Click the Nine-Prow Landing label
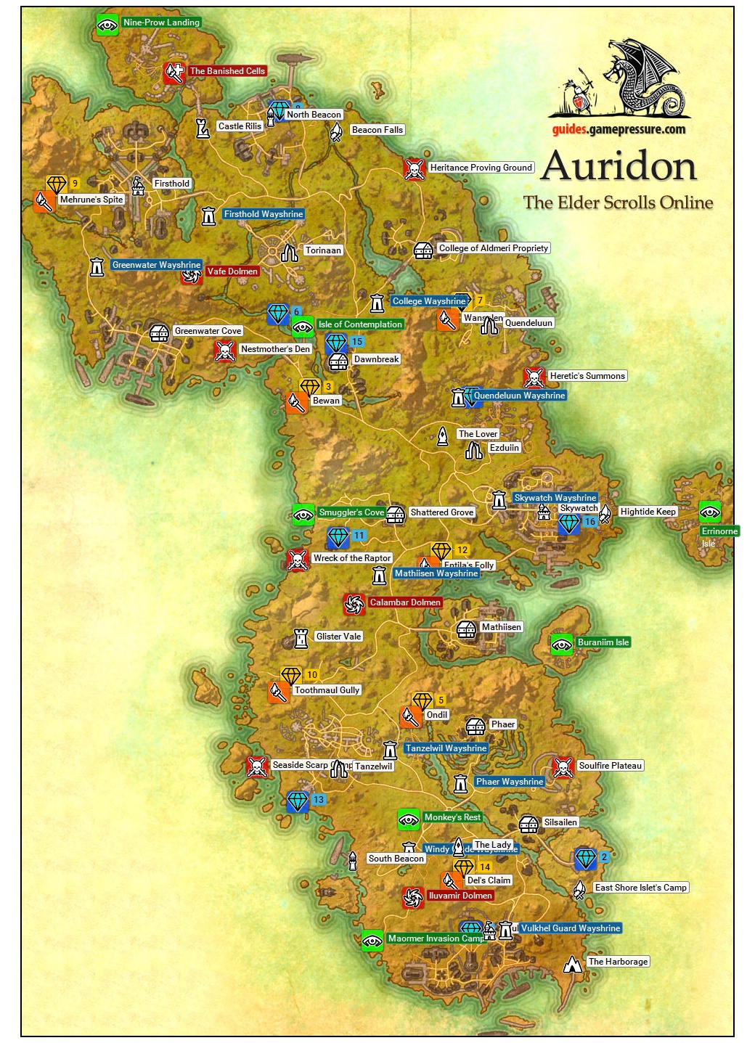click(x=160, y=23)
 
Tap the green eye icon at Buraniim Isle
click(x=561, y=644)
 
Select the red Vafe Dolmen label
click(x=232, y=271)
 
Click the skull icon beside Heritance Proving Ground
click(x=415, y=169)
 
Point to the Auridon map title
click(x=619, y=166)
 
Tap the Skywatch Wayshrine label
click(x=555, y=498)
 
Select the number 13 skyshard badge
click(x=319, y=800)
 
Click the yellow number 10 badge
click(x=312, y=675)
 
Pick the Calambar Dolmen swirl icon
click(x=354, y=604)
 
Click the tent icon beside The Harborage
click(x=574, y=963)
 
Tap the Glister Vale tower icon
click(x=301, y=638)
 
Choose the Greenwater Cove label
click(x=208, y=331)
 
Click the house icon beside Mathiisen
click(x=467, y=629)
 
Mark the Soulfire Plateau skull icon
click(x=563, y=767)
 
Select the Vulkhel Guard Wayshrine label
click(x=571, y=928)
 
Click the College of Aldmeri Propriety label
click(x=493, y=248)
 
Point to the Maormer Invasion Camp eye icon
click(x=372, y=941)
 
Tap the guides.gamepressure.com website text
click(x=619, y=130)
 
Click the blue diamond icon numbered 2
click(x=585, y=859)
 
